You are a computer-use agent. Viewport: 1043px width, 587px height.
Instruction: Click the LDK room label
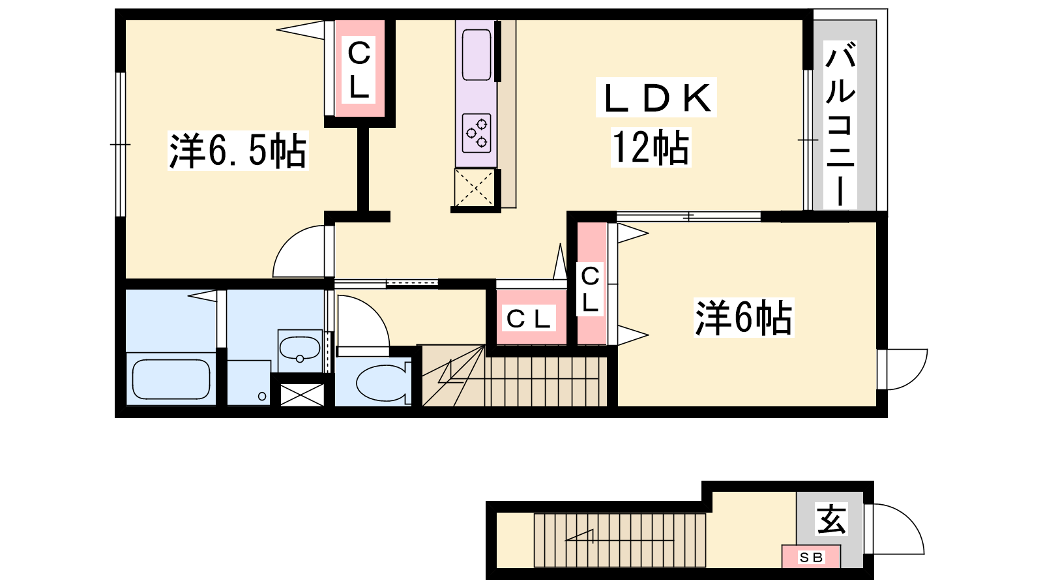click(x=656, y=98)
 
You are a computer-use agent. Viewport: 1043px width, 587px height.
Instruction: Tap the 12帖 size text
click(x=651, y=147)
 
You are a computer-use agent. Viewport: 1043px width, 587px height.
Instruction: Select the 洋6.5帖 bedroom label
click(x=238, y=151)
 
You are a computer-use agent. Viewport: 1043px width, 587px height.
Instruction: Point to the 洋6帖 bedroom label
click(x=744, y=318)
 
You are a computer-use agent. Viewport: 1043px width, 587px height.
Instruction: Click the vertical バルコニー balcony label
click(x=840, y=124)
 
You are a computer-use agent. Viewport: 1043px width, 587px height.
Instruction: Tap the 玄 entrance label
click(x=831, y=519)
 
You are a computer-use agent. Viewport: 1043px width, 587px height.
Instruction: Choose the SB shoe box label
click(x=811, y=557)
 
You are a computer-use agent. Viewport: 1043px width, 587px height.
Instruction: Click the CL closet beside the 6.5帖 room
click(x=359, y=69)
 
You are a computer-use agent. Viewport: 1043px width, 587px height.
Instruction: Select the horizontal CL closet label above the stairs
click(x=528, y=319)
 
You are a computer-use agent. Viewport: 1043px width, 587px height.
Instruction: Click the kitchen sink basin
click(x=477, y=55)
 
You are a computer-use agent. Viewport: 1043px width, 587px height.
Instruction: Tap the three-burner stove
click(x=477, y=133)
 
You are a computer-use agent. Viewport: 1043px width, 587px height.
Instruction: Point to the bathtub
click(x=171, y=379)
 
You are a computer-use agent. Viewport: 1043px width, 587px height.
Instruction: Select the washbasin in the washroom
click(x=300, y=349)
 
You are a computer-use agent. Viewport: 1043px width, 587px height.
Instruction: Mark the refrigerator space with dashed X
click(x=474, y=187)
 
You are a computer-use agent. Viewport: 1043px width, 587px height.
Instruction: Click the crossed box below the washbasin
click(x=302, y=395)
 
